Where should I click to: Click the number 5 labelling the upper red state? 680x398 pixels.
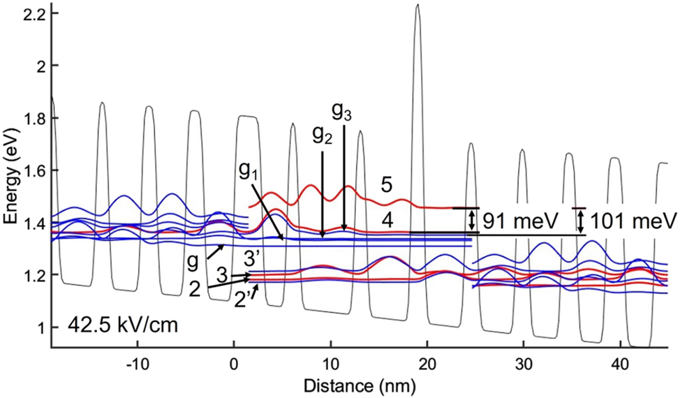tap(386, 186)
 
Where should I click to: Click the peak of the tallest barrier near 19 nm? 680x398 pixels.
tap(417, 6)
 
